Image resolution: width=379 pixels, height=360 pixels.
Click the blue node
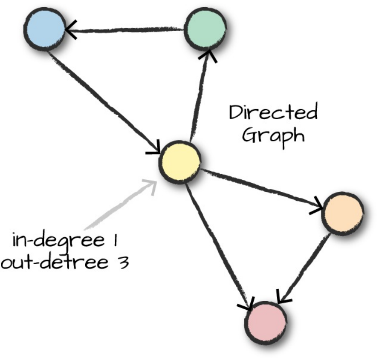44,29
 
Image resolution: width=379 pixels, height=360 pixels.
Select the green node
205,30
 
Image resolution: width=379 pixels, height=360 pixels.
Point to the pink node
265,322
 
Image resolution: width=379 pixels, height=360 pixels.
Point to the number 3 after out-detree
122,261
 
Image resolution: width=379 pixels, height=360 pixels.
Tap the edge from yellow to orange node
260,187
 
